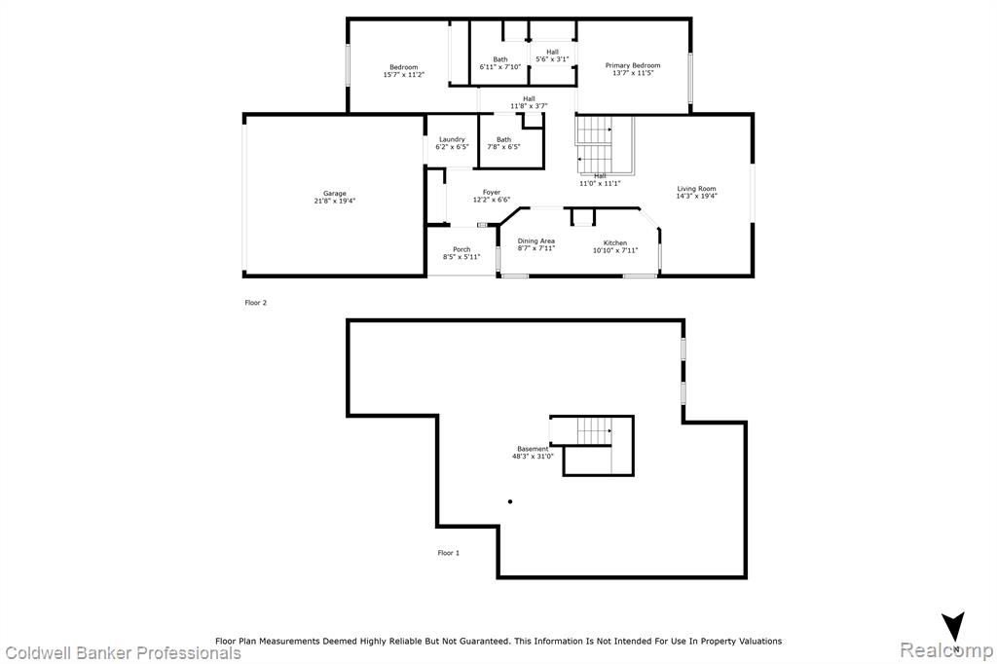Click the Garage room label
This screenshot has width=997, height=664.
335,194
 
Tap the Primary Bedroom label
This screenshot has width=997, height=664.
633,65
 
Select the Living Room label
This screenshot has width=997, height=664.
696,189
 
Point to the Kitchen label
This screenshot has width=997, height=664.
615,243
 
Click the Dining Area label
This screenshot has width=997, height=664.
536,241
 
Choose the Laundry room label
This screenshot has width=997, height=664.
452,139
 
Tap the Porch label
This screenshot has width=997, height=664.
462,249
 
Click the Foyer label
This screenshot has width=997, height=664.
492,192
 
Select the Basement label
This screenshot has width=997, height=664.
533,449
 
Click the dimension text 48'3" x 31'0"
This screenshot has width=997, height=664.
533,456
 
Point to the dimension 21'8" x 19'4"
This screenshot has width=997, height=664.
335,201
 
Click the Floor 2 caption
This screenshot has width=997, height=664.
256,303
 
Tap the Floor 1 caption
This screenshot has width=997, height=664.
448,553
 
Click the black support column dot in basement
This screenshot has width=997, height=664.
510,501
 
